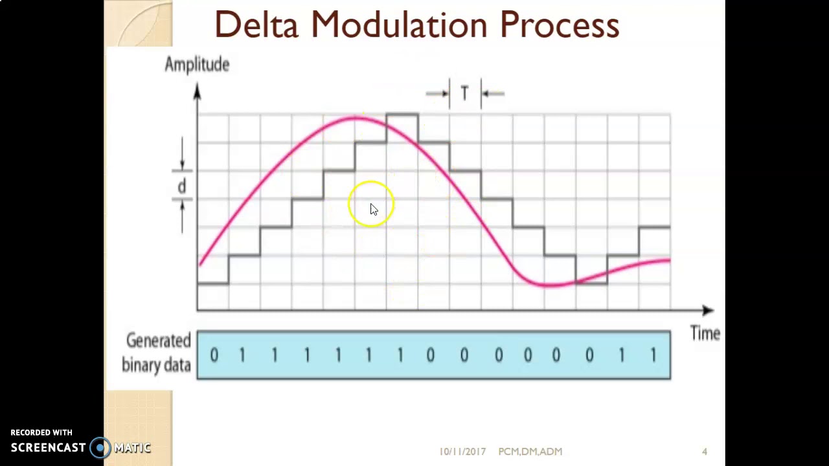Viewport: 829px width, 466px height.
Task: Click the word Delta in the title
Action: pyautogui.click(x=256, y=25)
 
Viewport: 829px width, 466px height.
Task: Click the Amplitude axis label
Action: pyautogui.click(x=197, y=65)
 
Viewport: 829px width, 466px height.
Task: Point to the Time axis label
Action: pyautogui.click(x=705, y=334)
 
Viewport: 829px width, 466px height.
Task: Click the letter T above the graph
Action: pyautogui.click(x=464, y=94)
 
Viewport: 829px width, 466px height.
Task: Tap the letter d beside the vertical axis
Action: pyautogui.click(x=182, y=186)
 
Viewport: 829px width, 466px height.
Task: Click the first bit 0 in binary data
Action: pyautogui.click(x=214, y=355)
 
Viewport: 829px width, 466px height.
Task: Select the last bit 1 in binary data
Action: pyautogui.click(x=653, y=355)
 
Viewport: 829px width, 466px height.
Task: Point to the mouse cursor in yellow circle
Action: pyautogui.click(x=374, y=209)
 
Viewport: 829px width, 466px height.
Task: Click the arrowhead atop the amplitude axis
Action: pyautogui.click(x=197, y=92)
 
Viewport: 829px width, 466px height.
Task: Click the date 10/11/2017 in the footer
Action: pyautogui.click(x=462, y=452)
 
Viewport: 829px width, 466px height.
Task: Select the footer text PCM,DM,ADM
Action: pyautogui.click(x=530, y=452)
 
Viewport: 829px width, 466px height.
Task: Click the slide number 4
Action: pyautogui.click(x=705, y=452)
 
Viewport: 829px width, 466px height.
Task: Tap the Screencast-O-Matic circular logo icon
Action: pyautogui.click(x=100, y=447)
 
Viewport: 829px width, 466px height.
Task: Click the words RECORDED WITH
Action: pyautogui.click(x=41, y=432)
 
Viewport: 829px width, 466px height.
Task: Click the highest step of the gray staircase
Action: pyautogui.click(x=402, y=115)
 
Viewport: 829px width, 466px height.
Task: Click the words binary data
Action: pyautogui.click(x=156, y=365)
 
